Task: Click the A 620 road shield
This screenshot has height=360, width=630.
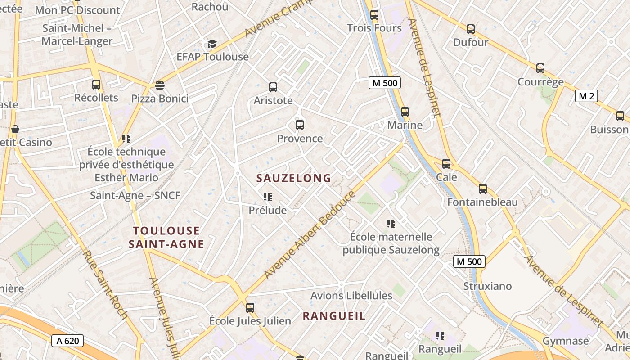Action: (x=68, y=341)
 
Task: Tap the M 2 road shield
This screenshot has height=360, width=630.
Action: (x=586, y=96)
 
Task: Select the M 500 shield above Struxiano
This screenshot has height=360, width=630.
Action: (x=469, y=261)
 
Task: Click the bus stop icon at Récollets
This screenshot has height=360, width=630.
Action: (x=96, y=84)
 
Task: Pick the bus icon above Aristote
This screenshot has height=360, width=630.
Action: (x=273, y=87)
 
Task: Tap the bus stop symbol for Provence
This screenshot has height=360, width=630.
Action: (x=300, y=125)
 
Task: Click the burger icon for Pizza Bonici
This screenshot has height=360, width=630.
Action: (x=159, y=85)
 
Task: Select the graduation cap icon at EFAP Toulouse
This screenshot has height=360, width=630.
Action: (x=212, y=44)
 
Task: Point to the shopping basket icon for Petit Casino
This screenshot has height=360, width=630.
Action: (x=15, y=129)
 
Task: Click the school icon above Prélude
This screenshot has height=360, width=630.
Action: (x=268, y=197)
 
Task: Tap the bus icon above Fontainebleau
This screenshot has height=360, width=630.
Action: (x=483, y=189)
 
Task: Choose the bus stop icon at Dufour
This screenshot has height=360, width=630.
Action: (x=471, y=29)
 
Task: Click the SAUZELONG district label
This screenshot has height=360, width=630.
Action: (x=294, y=178)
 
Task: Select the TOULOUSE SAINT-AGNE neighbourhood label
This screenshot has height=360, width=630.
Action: (x=166, y=238)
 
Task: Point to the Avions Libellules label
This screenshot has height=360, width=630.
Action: (x=351, y=296)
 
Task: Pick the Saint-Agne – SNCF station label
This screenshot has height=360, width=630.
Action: (x=135, y=196)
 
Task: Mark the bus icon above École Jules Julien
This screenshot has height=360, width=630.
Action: (x=250, y=308)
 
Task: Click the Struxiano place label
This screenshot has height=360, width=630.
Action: (x=488, y=286)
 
